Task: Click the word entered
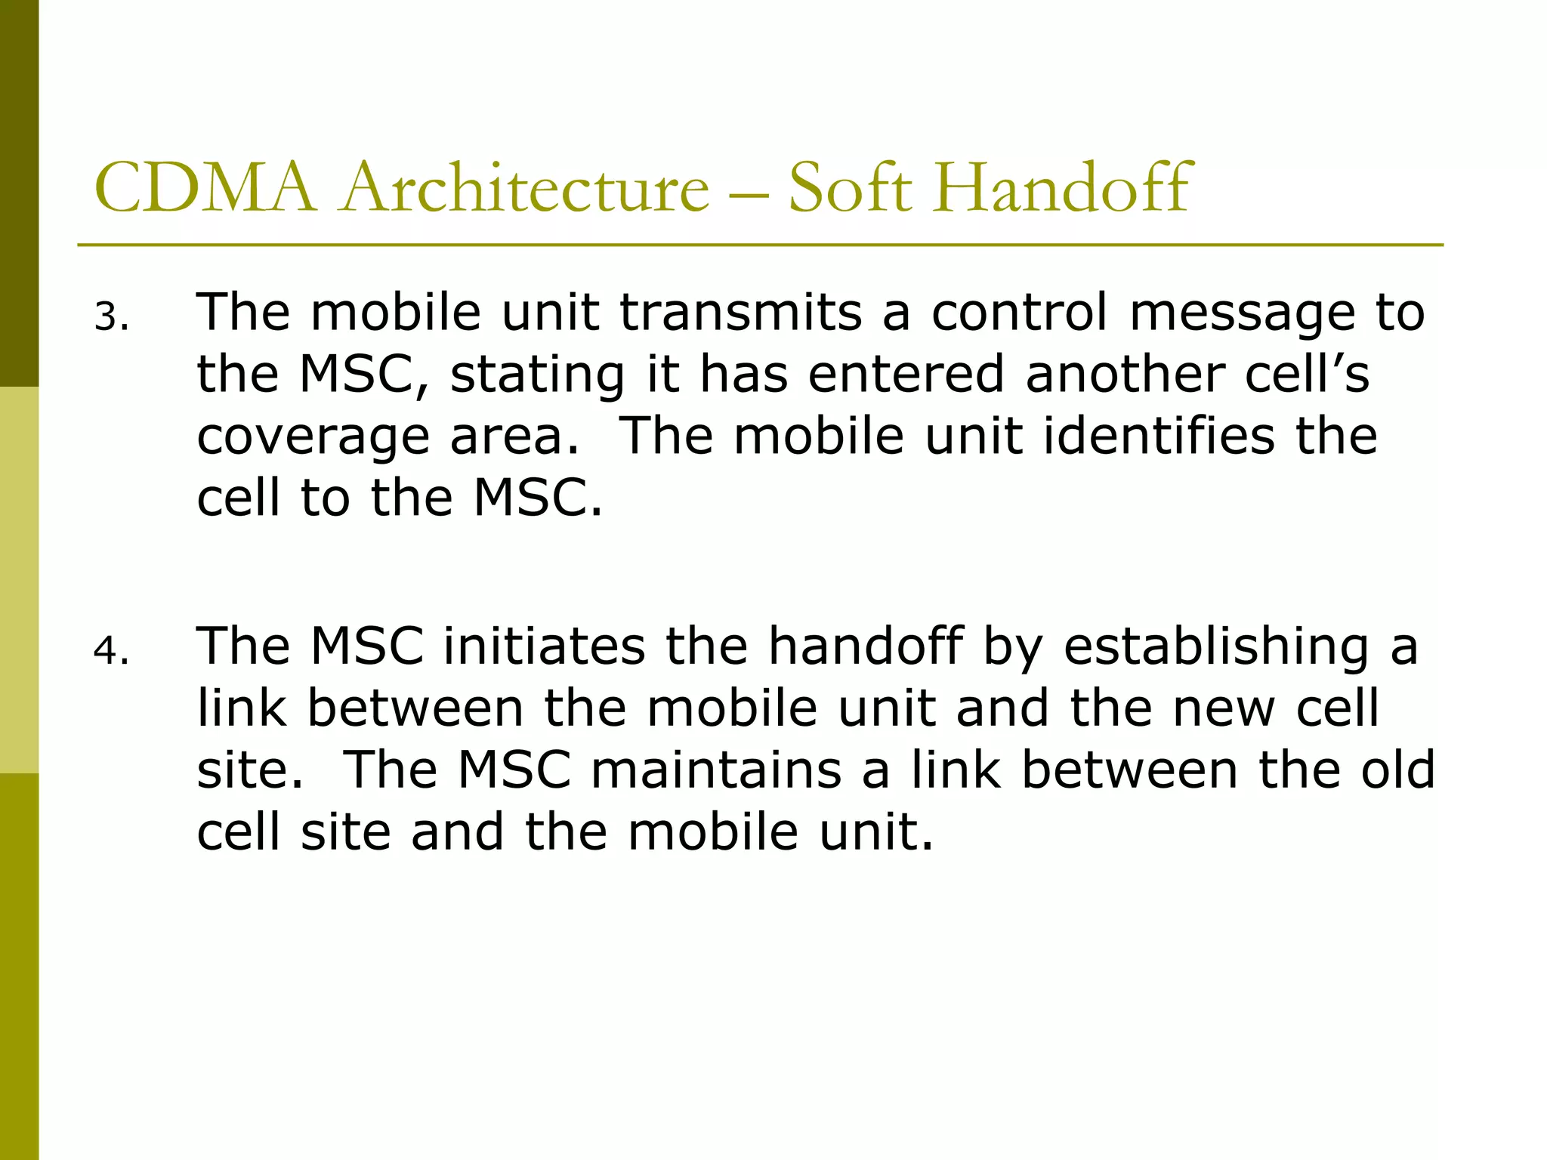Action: coord(906,374)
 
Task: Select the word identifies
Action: coord(1159,436)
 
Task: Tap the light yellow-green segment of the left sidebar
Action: coord(19,580)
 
